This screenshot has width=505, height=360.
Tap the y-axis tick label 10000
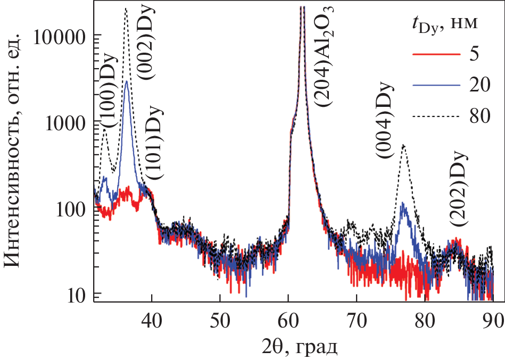pyautogui.click(x=58, y=37)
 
